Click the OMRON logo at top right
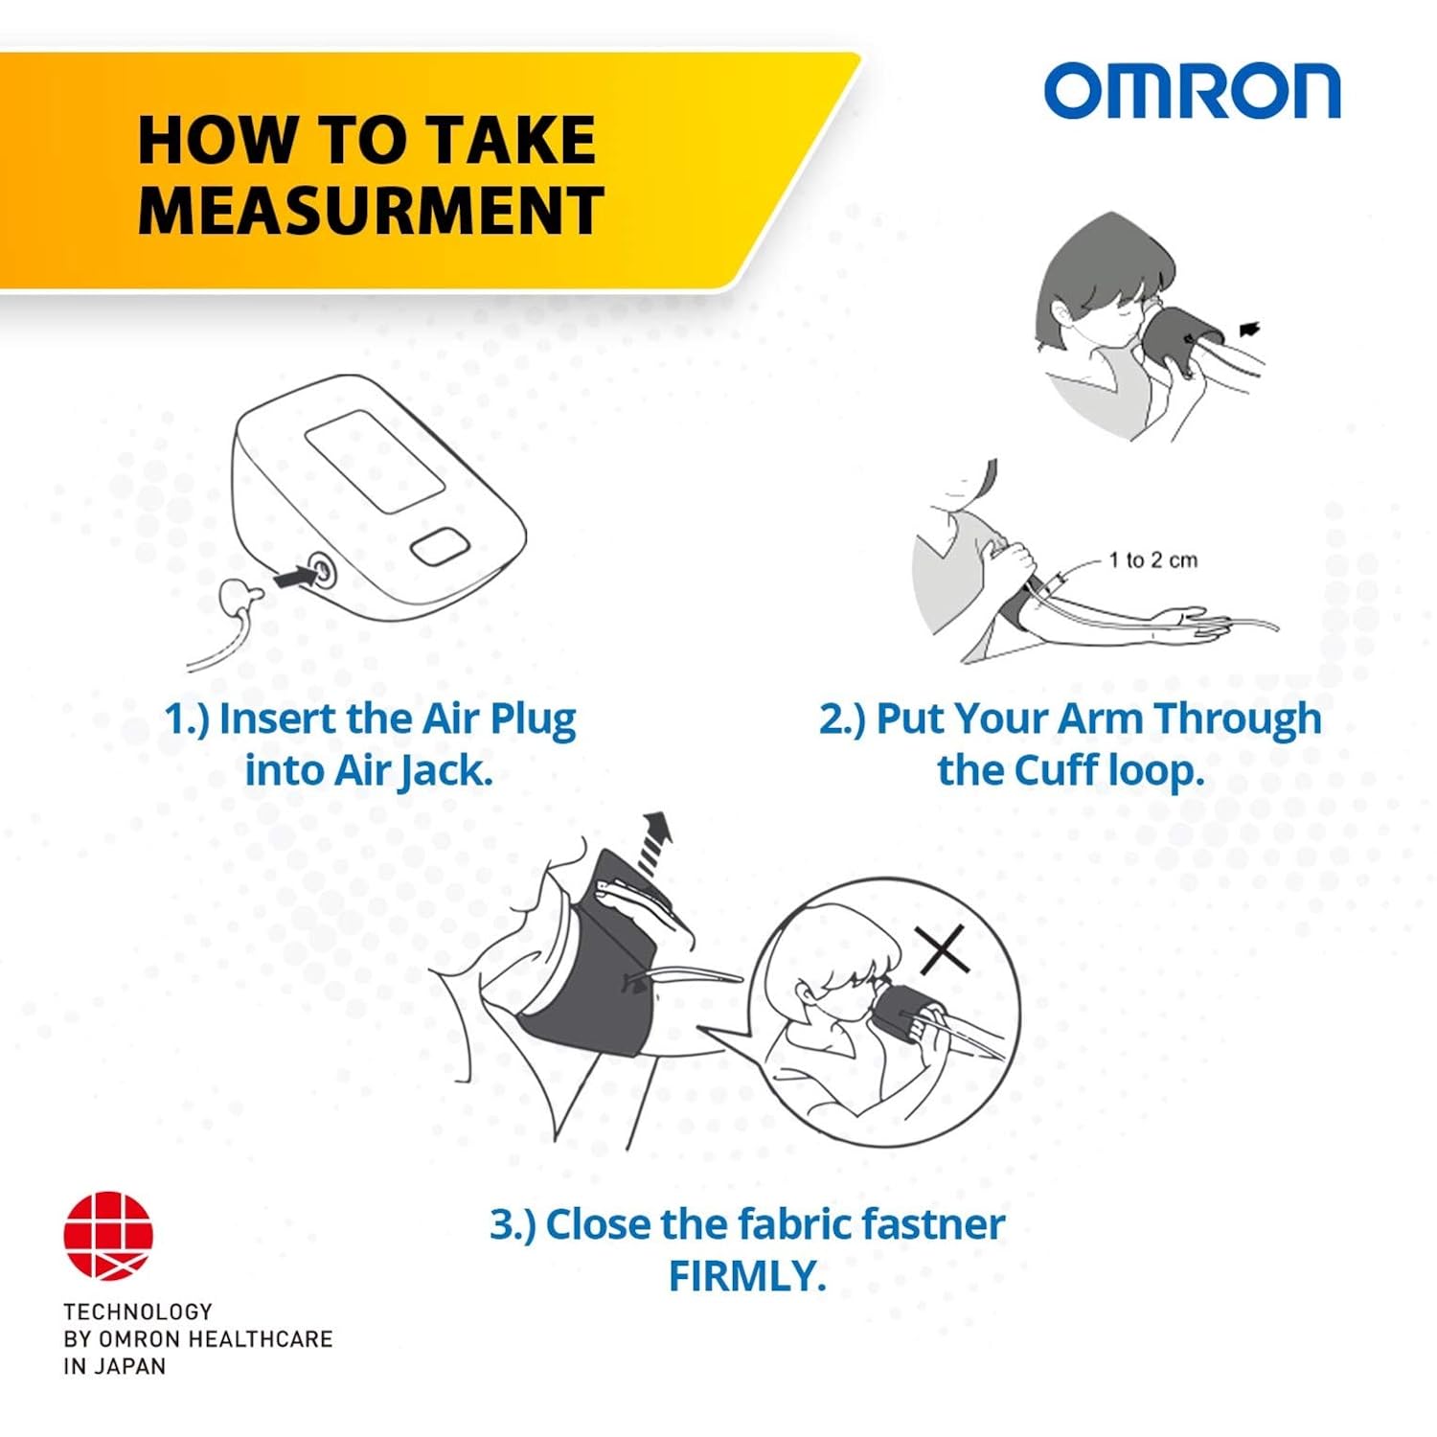[x=1192, y=91]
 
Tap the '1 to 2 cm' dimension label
[x=1152, y=560]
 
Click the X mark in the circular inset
[x=943, y=949]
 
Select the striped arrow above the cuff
[x=654, y=842]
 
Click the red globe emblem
[x=108, y=1236]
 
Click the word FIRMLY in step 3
[x=746, y=1276]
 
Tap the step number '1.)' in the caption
[x=187, y=719]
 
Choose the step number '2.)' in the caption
[x=842, y=719]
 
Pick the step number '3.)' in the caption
[x=513, y=1224]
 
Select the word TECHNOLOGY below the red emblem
[x=138, y=1312]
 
